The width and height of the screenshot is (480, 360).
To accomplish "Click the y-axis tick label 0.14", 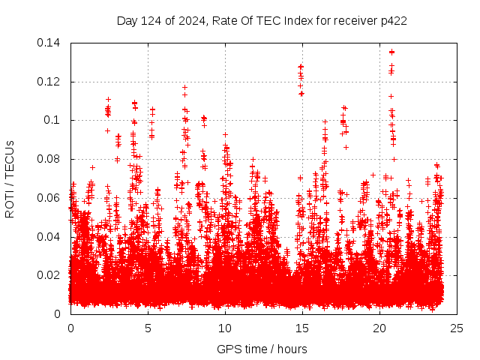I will (51, 43).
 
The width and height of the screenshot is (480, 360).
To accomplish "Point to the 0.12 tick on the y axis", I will (51, 82).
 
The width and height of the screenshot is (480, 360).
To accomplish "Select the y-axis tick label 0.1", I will (54, 120).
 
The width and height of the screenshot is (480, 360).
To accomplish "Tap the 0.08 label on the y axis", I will (51, 159).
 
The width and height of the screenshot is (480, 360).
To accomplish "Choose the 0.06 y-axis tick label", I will (51, 198).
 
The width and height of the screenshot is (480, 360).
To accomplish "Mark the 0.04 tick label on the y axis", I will (51, 237).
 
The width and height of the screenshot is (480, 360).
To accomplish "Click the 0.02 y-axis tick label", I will (51, 275).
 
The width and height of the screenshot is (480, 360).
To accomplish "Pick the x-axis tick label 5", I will (148, 328).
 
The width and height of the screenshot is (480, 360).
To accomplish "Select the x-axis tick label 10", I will (225, 328).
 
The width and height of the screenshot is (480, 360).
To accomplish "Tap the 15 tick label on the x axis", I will (302, 328).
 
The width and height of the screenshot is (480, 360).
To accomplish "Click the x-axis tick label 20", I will (379, 328).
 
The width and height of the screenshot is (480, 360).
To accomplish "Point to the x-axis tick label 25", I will (457, 328).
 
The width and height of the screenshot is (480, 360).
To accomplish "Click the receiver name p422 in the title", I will (393, 21).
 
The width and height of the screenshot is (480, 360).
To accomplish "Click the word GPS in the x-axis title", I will (227, 349).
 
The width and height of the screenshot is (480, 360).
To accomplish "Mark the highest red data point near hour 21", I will (391, 52).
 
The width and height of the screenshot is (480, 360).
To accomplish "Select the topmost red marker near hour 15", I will (301, 66).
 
